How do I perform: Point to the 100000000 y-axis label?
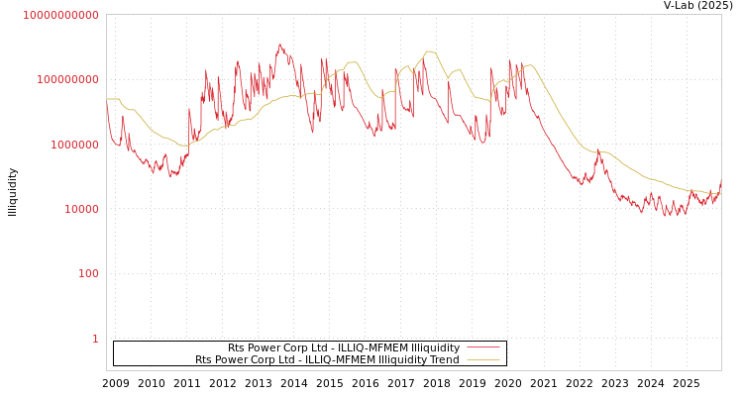[x=66, y=79]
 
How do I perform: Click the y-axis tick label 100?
[x=87, y=274]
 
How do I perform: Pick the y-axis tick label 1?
[x=95, y=339]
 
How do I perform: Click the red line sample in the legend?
[x=482, y=347]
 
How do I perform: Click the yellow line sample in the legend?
[x=482, y=359]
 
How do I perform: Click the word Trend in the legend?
[x=444, y=359]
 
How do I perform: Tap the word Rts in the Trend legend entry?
[x=204, y=359]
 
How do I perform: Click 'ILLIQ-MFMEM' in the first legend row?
[x=373, y=347]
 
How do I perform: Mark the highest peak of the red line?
[x=280, y=44]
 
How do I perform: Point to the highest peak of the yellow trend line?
[x=429, y=51]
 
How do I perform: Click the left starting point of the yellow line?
[x=107, y=99]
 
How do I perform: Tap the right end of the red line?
[x=720, y=182]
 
